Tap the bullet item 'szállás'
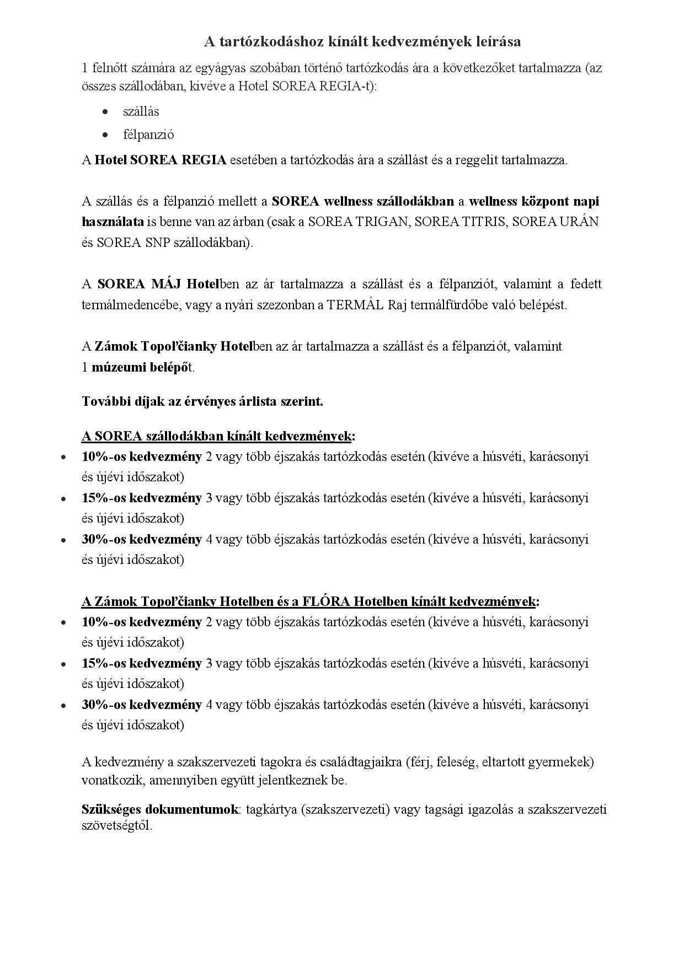[141, 111]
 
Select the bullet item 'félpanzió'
[148, 135]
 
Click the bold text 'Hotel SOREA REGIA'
[161, 160]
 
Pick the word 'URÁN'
[580, 222]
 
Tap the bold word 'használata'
[113, 222]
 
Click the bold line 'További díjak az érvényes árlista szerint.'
[202, 401]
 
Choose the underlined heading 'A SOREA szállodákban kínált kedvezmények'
[216, 436]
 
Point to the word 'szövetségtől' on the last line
[115, 826]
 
